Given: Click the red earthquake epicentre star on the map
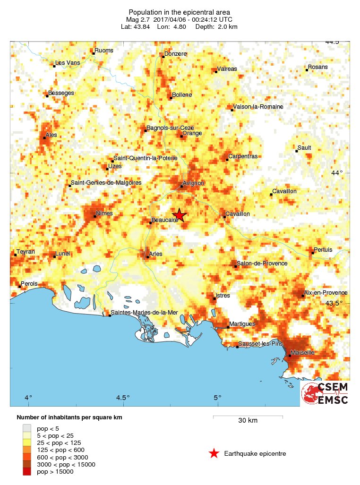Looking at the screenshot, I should click(179, 215).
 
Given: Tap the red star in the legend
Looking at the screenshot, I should click(214, 454).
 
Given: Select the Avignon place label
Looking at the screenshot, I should click(194, 183).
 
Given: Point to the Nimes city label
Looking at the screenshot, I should click(104, 213).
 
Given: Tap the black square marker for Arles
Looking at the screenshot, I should click(147, 257).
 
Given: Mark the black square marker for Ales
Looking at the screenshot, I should click(44, 138).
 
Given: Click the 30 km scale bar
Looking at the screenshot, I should click(248, 417).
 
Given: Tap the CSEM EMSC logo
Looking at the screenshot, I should click(326, 393).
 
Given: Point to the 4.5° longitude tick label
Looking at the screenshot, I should click(123, 397).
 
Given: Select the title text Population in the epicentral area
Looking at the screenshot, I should click(180, 12).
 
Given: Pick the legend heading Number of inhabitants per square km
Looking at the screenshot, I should click(72, 417).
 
